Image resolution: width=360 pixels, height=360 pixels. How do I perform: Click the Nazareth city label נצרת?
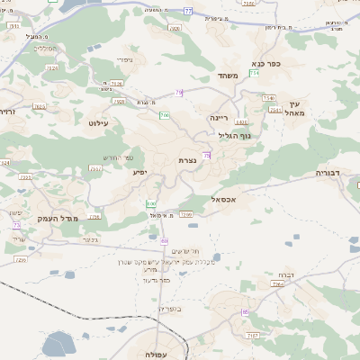point(187,160)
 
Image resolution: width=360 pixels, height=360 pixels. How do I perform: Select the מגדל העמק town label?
point(59,219)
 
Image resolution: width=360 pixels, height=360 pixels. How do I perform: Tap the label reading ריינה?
point(220,118)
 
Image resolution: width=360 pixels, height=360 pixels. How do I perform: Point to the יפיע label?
point(140,171)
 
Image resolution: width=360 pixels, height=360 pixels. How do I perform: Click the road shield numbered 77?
point(188,11)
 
